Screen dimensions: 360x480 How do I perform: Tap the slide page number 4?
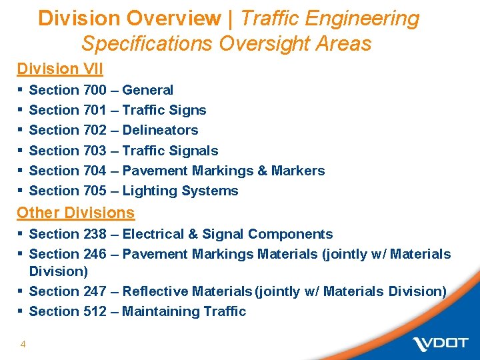point(23,344)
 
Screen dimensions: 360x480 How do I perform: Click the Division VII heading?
point(60,69)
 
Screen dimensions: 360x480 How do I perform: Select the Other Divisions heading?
point(75,213)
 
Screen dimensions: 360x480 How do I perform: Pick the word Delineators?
point(161,130)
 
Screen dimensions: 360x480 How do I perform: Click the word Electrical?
point(153,234)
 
